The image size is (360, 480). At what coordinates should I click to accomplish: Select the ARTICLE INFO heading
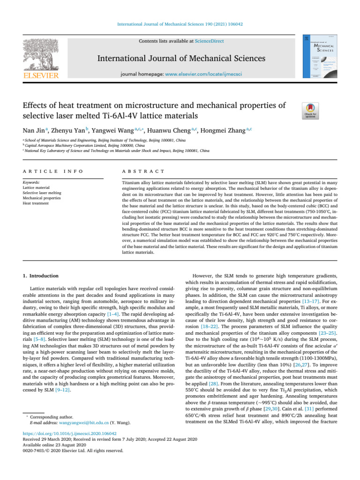tap(50, 172)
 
